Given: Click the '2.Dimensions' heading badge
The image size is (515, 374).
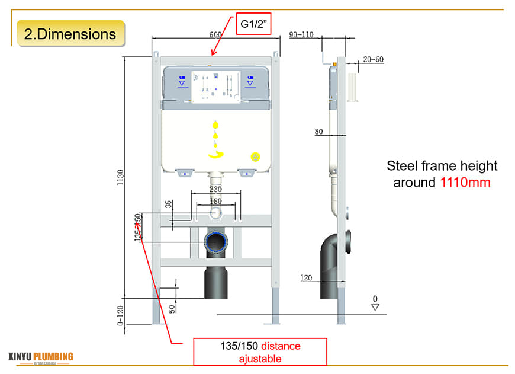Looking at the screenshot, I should (x=70, y=33).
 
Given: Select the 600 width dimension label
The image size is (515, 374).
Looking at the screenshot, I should (x=216, y=35).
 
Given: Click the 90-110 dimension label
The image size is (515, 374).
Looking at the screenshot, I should (x=301, y=34).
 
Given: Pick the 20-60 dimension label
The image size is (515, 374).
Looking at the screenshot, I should (x=373, y=59).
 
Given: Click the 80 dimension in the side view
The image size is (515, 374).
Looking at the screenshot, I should (x=319, y=132).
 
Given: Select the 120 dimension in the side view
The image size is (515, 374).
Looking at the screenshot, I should (x=306, y=277).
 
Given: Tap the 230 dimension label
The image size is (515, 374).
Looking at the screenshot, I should (x=215, y=189).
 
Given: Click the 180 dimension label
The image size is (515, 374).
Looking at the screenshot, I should (x=215, y=202).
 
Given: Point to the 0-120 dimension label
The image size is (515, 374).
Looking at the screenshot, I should (x=121, y=315).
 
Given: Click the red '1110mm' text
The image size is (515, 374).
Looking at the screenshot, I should (x=465, y=183).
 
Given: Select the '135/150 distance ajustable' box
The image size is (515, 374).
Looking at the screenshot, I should (x=260, y=352).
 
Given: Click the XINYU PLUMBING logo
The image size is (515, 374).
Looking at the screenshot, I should (x=41, y=357).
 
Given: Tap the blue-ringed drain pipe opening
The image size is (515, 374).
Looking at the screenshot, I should (x=216, y=242).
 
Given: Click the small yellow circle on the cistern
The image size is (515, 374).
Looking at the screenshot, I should (x=256, y=157).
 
